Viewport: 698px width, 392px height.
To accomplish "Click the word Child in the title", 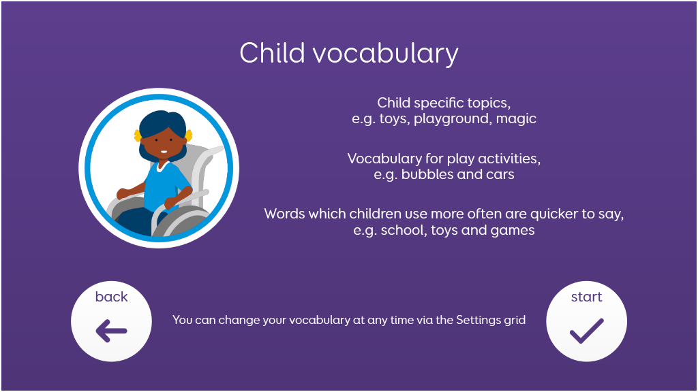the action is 272,53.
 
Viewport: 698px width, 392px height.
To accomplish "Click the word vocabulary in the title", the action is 386,54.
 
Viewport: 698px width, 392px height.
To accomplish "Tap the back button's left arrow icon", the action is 111,331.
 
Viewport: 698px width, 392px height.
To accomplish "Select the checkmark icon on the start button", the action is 587,331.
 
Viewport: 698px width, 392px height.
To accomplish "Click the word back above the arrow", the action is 111,297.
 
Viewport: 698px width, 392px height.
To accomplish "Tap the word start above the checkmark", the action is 587,297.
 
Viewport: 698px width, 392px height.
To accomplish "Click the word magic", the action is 516,119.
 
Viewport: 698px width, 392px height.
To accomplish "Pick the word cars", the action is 500,175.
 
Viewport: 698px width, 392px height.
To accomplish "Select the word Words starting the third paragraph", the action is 284,214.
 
